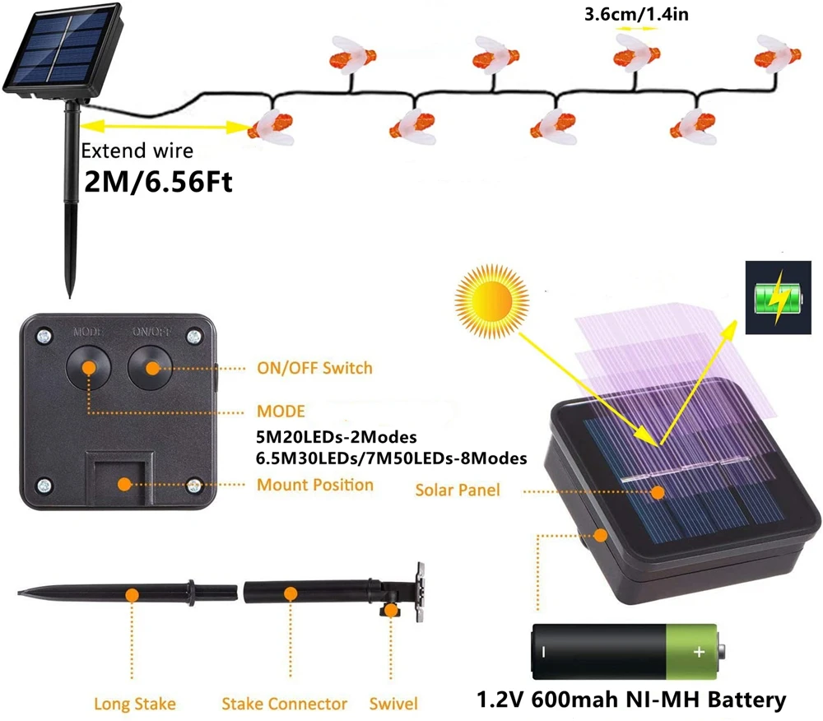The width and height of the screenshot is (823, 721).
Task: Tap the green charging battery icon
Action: pyautogui.click(x=777, y=299)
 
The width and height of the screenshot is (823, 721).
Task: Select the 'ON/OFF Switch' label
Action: pyautogui.click(x=315, y=368)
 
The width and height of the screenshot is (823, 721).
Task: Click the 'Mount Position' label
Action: pyautogui.click(x=315, y=485)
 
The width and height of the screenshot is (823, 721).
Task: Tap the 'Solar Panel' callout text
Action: pyautogui.click(x=457, y=491)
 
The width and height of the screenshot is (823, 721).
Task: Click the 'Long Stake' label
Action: pyautogui.click(x=134, y=704)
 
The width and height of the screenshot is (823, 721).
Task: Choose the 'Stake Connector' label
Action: pyautogui.click(x=284, y=704)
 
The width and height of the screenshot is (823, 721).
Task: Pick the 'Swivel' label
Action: pyautogui.click(x=393, y=704)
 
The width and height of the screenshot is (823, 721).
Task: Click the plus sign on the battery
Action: pyautogui.click(x=699, y=652)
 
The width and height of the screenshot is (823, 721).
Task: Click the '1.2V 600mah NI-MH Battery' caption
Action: pyautogui.click(x=632, y=700)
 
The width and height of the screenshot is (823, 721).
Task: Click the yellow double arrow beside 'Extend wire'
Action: pyautogui.click(x=165, y=127)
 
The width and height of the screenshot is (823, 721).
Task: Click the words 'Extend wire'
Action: pyautogui.click(x=137, y=151)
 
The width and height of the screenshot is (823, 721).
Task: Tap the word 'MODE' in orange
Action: pyautogui.click(x=281, y=411)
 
